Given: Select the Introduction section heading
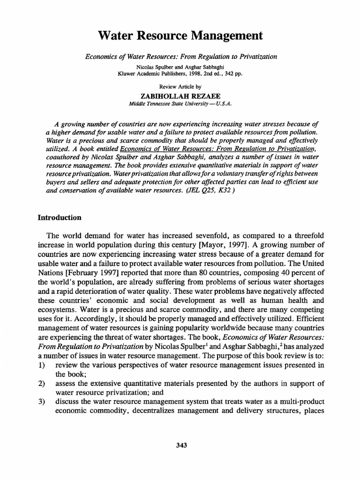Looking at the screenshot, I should [60, 217].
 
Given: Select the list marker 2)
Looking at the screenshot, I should [41, 383].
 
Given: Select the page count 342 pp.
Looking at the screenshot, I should [235, 73].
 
